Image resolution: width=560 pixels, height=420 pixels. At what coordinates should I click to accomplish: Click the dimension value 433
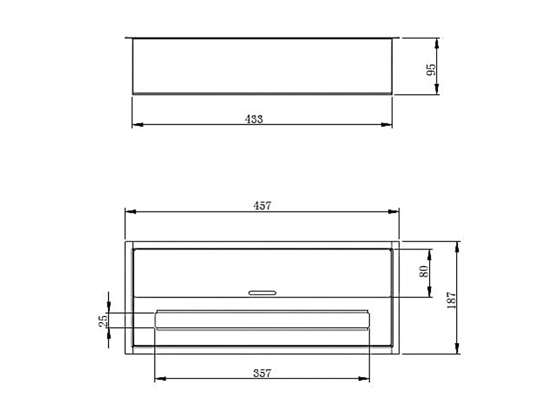pos(254,119)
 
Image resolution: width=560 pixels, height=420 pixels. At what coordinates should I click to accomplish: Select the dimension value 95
pos(431,69)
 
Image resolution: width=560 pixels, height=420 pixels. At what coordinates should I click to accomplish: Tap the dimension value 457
pos(262,206)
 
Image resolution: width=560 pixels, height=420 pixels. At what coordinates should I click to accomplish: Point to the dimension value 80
pos(425,272)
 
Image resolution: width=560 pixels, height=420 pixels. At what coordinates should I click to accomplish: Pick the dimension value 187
pos(451,300)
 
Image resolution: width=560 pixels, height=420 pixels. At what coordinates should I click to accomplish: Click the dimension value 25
pos(103,320)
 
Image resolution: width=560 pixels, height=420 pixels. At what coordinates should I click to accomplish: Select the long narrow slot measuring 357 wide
pos(262,320)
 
